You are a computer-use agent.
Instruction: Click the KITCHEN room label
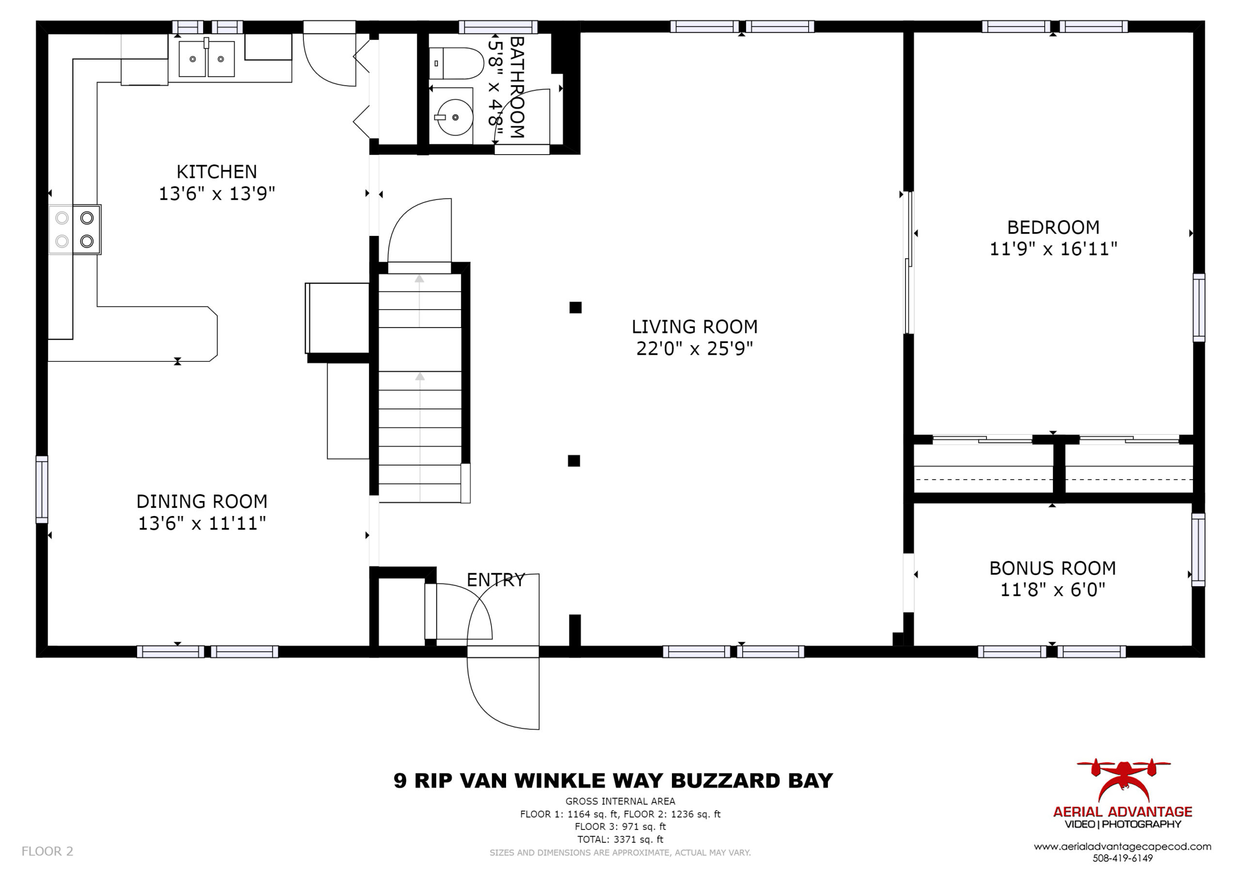pos(217,172)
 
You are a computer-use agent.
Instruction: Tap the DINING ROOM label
pos(202,501)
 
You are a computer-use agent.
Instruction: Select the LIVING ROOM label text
pos(695,327)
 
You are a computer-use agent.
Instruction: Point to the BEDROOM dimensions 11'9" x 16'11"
pos(1053,249)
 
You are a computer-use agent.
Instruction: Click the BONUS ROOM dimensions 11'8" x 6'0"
pos(1052,590)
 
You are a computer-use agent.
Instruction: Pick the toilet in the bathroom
pos(457,63)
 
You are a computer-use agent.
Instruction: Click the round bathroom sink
pos(455,117)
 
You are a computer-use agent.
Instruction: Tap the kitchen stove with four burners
pos(75,230)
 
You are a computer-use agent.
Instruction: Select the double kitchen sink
pos(207,58)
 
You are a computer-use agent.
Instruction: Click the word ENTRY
pos(495,580)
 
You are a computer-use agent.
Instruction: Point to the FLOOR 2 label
pos(47,851)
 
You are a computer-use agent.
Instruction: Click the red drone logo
pos(1124,780)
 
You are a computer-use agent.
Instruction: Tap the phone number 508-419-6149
pos(1123,858)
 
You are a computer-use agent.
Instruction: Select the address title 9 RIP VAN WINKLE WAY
pos(528,781)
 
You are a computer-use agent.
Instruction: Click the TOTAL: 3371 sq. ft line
pos(620,839)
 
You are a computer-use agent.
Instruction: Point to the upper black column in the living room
pos(575,308)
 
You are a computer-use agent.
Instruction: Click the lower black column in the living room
pos(574,460)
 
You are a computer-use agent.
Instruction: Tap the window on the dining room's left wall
pos(42,489)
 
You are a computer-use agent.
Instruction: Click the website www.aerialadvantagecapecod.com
pos(1123,847)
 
